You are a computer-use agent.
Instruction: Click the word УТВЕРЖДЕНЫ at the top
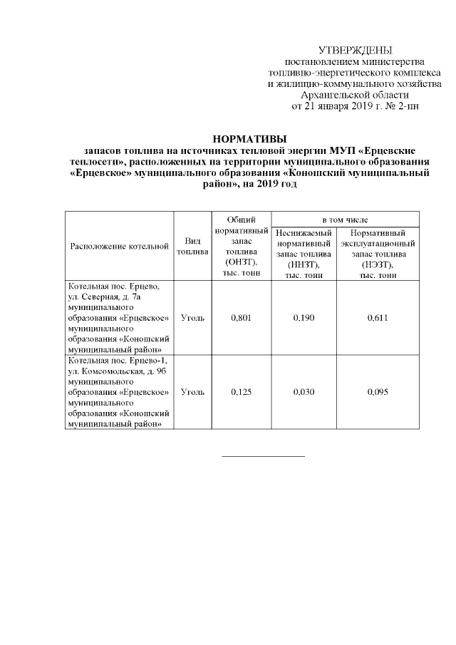(355, 50)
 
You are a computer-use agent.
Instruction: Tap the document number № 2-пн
(401, 107)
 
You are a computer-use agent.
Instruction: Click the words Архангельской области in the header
(355, 96)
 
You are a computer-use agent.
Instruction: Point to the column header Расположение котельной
(119, 246)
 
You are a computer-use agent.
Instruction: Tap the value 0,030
(304, 392)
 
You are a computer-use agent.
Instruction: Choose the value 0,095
(378, 392)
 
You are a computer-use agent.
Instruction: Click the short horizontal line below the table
(263, 455)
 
